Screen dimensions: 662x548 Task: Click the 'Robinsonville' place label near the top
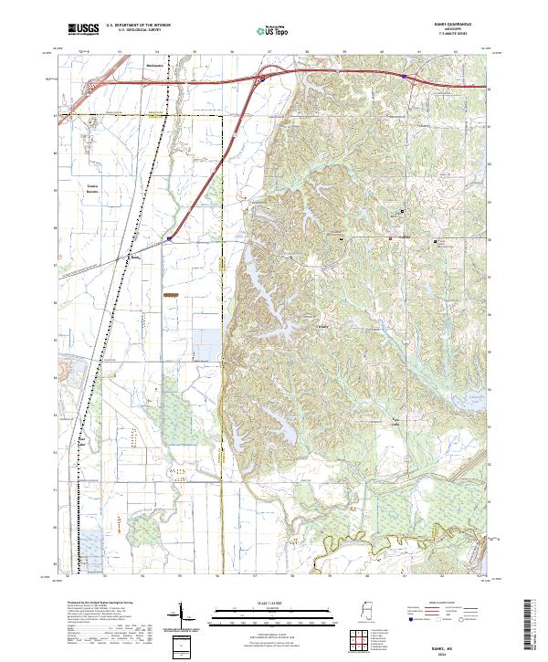pos(156,66)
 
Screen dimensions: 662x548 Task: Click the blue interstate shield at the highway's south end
pos(168,238)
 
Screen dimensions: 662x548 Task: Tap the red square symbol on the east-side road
pos(391,238)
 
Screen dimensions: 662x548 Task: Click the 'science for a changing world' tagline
pos(82,37)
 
